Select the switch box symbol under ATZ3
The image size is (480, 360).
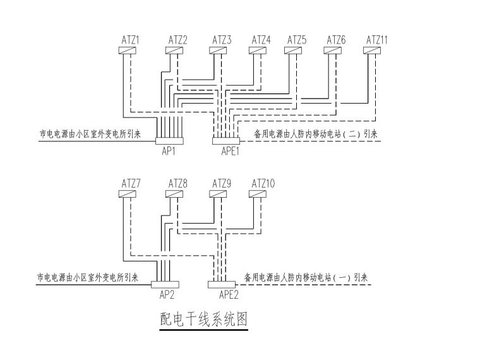[x=222, y=51]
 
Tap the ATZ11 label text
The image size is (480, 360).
[x=377, y=40]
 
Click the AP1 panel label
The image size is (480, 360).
[x=169, y=152]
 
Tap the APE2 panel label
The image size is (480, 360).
[x=228, y=294]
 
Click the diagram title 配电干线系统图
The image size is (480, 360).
[x=203, y=321]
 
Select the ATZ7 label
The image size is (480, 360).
[x=131, y=183]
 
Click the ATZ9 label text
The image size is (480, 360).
[x=222, y=183]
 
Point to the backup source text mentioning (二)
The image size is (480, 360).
[x=316, y=134]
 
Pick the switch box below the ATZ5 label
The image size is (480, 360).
[x=297, y=51]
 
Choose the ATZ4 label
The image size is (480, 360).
[x=261, y=40]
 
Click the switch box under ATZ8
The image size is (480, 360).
[x=177, y=194]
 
